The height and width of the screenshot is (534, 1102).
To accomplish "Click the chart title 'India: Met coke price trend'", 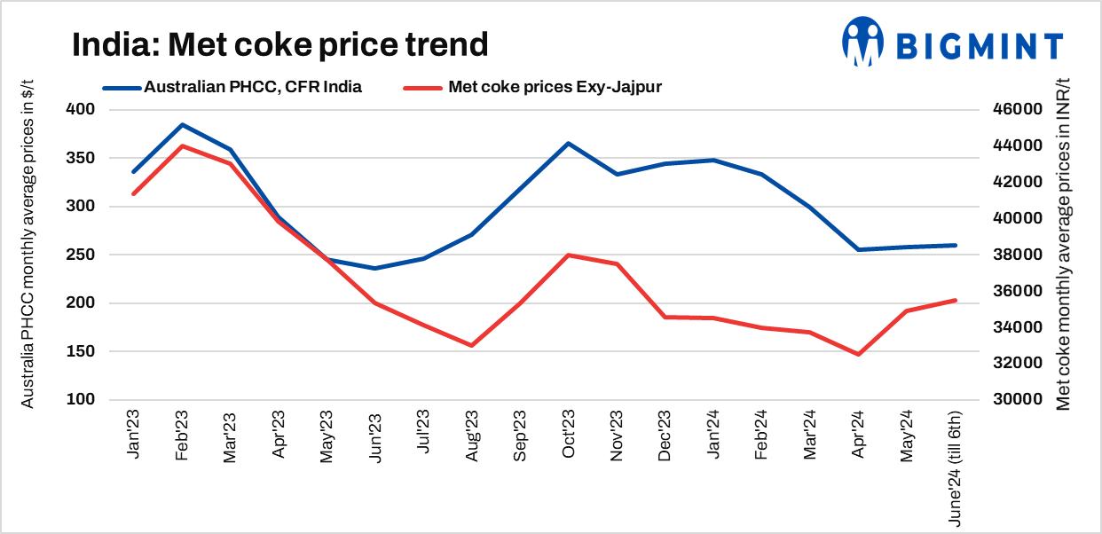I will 279,44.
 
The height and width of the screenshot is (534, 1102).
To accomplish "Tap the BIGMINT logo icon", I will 863,42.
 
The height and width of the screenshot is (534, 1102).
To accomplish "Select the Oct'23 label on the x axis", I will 567,435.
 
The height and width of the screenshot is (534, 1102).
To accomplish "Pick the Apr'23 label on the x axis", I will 279,435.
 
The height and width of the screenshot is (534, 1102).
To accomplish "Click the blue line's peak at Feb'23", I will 182,125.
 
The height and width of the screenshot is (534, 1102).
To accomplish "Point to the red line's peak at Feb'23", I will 182,145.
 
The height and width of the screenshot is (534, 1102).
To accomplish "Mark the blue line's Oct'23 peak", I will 568,144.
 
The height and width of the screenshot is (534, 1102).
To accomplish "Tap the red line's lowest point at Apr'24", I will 858,354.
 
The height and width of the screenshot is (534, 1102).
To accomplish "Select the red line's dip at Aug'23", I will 471,345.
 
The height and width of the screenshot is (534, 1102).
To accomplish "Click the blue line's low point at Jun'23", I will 374,268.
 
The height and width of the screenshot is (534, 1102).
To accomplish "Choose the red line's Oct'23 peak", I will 568,255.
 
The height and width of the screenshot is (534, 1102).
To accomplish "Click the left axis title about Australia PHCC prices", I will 28,255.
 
